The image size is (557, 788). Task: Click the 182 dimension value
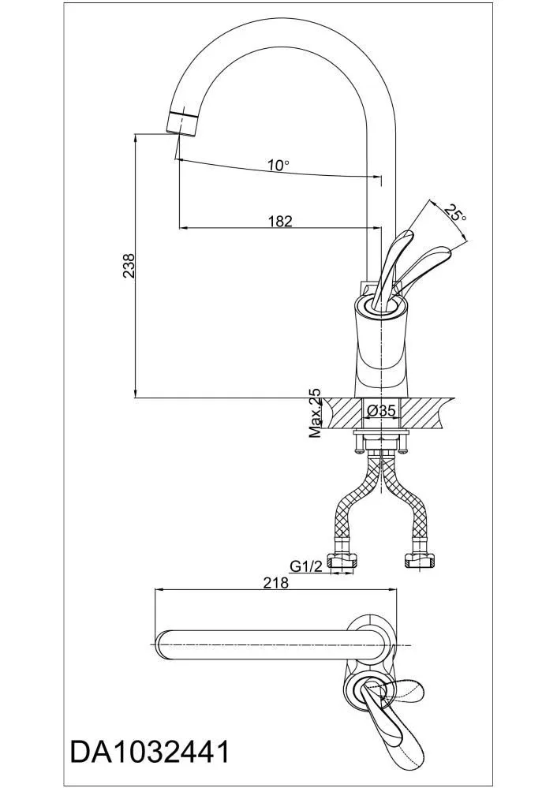click(x=281, y=221)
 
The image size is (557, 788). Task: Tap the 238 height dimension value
click(x=129, y=265)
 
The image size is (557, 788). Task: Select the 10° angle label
click(x=278, y=165)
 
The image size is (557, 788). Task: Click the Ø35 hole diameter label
click(x=382, y=411)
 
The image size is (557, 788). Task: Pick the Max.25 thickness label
click(x=316, y=412)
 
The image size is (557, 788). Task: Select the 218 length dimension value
click(x=276, y=582)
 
